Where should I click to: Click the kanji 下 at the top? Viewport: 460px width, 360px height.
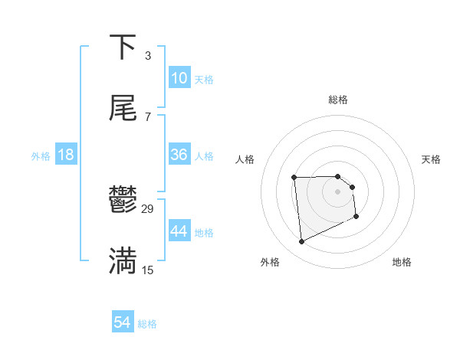[x=123, y=47]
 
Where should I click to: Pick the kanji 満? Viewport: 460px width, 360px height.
[x=123, y=260]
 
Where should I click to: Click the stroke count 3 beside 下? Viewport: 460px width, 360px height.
[x=147, y=55]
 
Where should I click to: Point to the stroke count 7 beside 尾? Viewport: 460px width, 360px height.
[x=147, y=116]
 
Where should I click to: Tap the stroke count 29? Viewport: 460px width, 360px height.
[x=148, y=209]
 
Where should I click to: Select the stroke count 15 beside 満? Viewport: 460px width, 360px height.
[x=148, y=270]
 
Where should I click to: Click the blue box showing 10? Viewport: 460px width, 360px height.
[x=179, y=78]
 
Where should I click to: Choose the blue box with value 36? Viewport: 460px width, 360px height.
[x=179, y=155]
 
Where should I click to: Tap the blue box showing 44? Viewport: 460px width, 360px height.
[x=179, y=231]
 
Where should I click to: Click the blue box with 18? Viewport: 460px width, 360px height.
[x=66, y=155]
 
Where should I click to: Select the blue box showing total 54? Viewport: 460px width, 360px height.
[x=123, y=323]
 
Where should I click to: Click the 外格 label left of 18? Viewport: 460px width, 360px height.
[x=41, y=156]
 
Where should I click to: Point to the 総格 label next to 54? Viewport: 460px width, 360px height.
[x=147, y=325]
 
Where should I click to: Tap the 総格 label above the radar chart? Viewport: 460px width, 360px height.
[x=338, y=100]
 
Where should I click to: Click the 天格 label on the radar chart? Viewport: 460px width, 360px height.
[x=431, y=159]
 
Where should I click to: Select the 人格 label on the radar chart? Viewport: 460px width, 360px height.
[x=245, y=159]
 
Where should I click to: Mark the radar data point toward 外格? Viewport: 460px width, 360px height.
[x=301, y=242]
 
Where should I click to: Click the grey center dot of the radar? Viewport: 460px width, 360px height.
[x=337, y=191]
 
